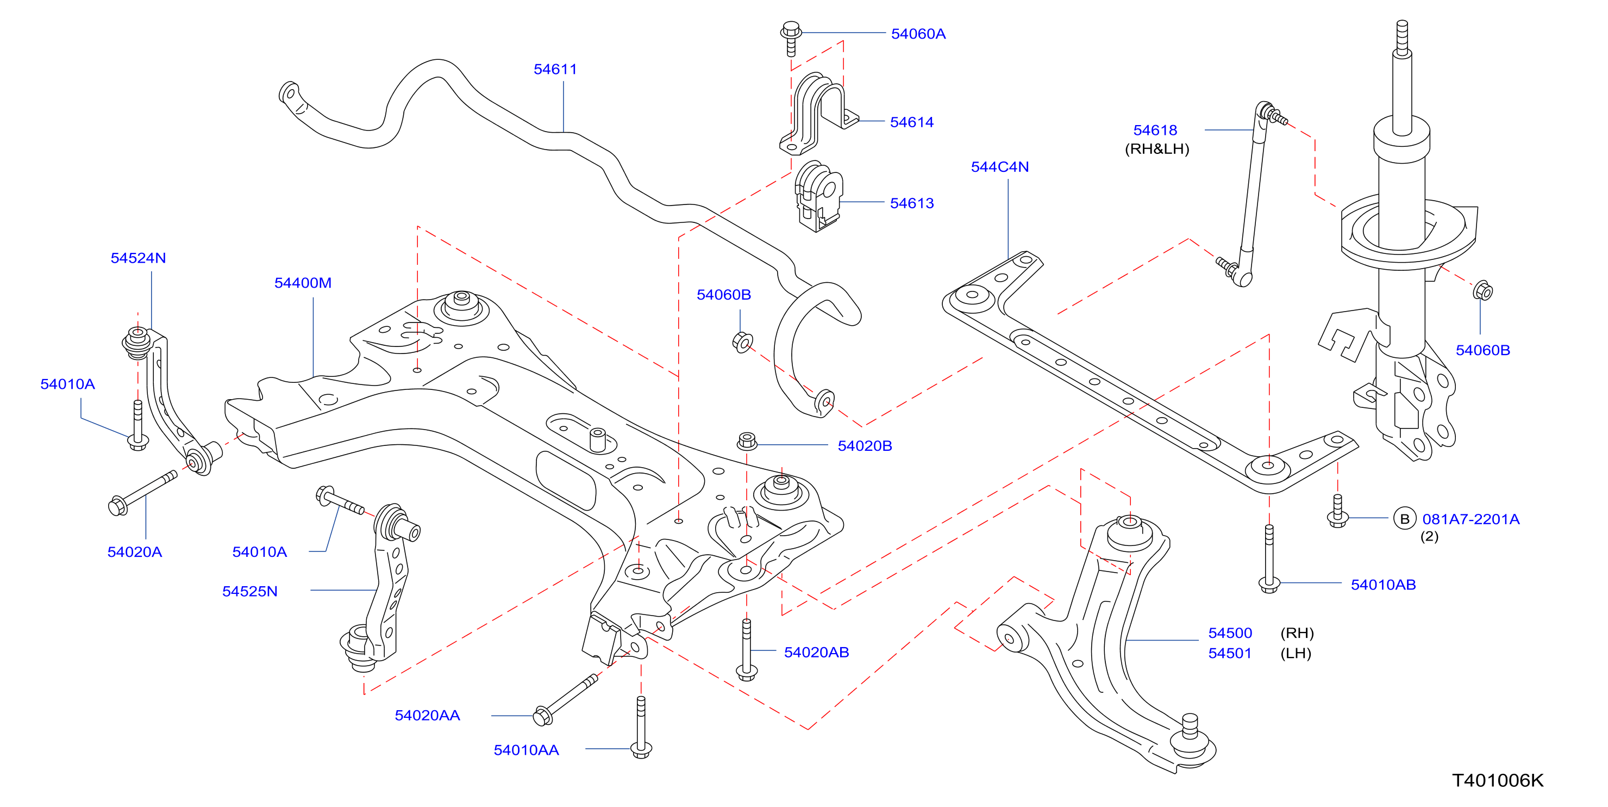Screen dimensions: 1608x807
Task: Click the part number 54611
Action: point(555,69)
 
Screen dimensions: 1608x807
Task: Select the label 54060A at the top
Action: point(918,34)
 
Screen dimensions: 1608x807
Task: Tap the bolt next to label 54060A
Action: point(791,39)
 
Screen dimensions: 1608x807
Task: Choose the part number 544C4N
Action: point(999,167)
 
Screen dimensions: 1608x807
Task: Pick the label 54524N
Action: point(138,258)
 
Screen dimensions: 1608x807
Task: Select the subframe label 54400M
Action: point(303,283)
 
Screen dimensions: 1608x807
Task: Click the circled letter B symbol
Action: point(1405,519)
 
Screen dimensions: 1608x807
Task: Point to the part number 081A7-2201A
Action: point(1471,519)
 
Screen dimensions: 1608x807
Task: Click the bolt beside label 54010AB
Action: point(1269,559)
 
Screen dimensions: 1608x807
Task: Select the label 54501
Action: point(1230,653)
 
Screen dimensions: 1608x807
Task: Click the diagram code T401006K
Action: point(1498,781)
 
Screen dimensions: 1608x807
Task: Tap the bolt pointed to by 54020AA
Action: point(566,699)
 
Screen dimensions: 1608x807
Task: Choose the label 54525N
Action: point(249,592)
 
